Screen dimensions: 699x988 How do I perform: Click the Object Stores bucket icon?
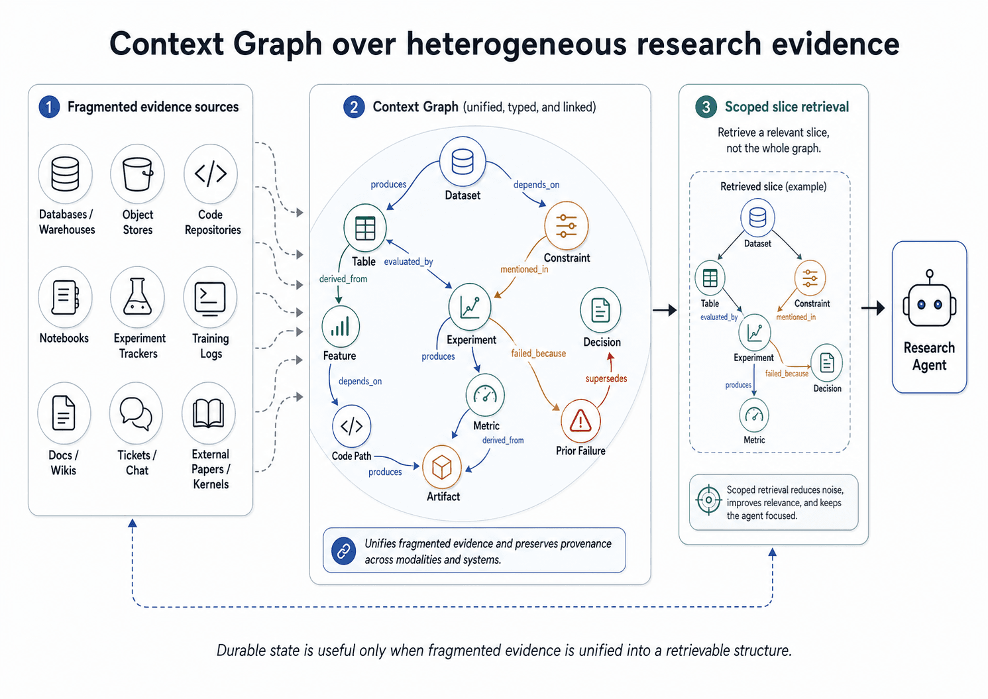point(137,174)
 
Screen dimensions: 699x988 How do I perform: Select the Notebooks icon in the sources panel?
point(65,297)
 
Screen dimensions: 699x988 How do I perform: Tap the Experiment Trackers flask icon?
point(137,296)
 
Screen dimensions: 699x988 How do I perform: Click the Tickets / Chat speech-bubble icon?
point(136,413)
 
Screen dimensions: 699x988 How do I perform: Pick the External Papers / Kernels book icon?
point(209,413)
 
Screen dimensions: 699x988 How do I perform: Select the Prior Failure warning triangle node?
point(580,421)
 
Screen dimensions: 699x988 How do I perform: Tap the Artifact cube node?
point(441,467)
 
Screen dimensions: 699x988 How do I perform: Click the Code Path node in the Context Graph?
point(351,426)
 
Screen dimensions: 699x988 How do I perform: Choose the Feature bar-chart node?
point(341,327)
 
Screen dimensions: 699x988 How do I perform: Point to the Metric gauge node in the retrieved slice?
point(754,415)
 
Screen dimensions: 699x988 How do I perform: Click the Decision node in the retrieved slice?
point(827,362)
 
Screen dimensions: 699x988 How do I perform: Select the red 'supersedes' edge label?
point(606,378)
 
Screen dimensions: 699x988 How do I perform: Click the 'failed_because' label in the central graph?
point(538,353)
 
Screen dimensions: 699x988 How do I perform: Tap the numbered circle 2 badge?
point(354,107)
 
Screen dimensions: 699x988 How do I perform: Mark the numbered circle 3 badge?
point(706,107)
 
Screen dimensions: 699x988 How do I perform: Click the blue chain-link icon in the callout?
point(343,551)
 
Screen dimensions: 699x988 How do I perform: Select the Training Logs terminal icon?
point(210,297)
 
